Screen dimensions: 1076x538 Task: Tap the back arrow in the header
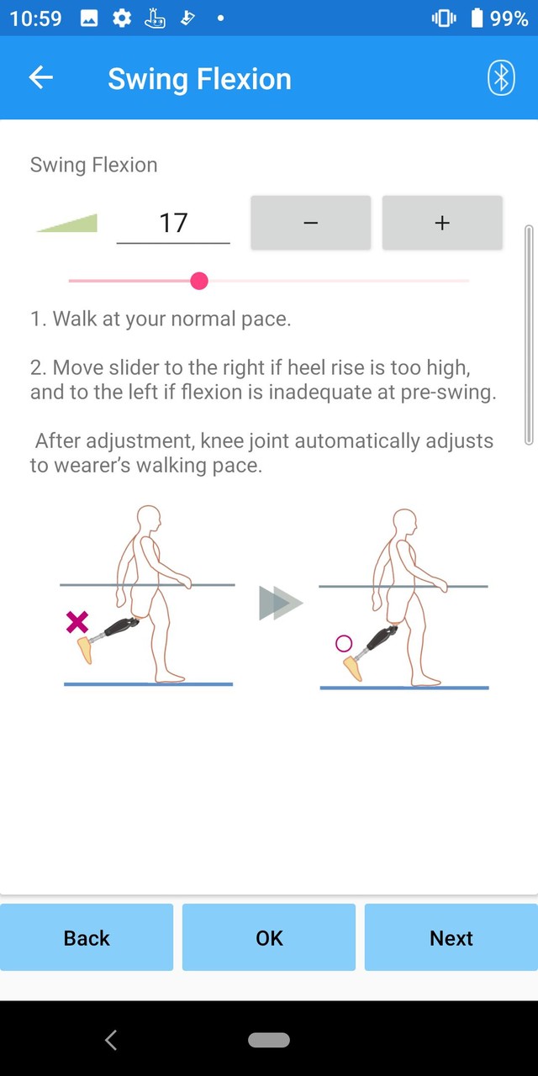[x=40, y=78]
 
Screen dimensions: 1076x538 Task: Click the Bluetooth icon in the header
[x=501, y=78]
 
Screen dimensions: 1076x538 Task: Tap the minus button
[x=310, y=223]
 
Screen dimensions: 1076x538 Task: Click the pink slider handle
[x=199, y=281]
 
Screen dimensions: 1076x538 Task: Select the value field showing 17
[x=173, y=223]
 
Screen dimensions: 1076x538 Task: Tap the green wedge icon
[x=67, y=223]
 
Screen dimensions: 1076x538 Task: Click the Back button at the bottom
[x=87, y=937]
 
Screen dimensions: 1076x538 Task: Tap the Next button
[x=451, y=937]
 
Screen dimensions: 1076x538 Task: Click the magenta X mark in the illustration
[x=77, y=623]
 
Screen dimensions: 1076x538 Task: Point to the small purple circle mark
[x=343, y=644]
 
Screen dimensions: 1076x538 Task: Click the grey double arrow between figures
[x=280, y=604]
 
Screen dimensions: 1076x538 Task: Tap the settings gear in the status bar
[x=122, y=18]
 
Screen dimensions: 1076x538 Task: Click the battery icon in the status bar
[x=477, y=18]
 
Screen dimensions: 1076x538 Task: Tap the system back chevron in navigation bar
[x=111, y=1040]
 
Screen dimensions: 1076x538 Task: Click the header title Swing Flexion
[x=199, y=79]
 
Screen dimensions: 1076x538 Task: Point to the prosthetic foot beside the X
[x=85, y=650]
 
